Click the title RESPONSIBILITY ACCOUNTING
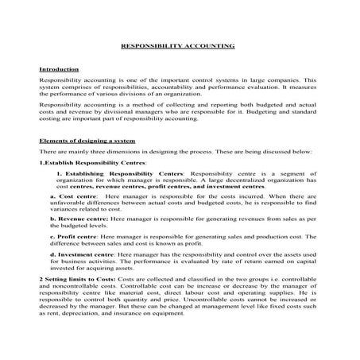coord(177,46)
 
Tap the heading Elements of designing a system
coord(87,140)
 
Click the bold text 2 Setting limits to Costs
coord(78,281)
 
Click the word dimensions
coord(116,151)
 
